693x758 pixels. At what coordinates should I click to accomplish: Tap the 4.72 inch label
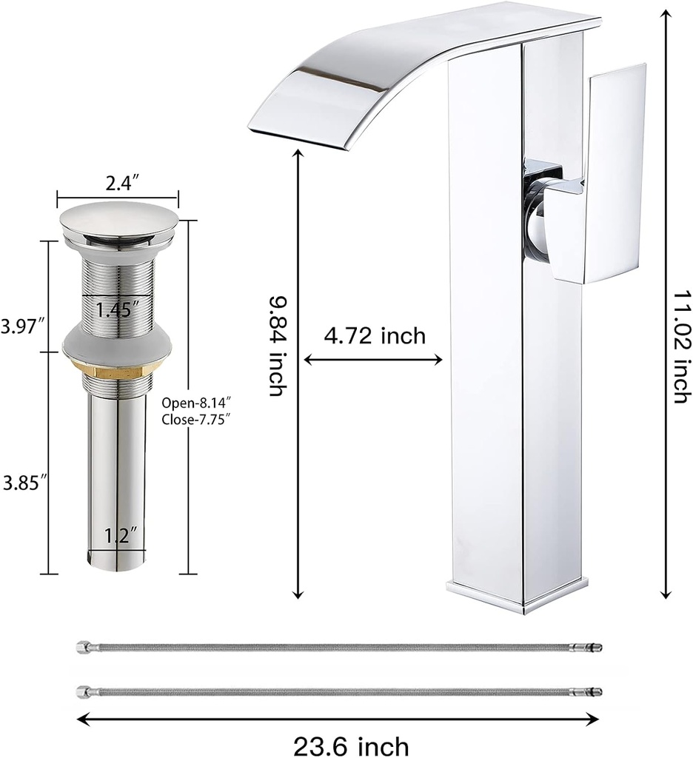(375, 336)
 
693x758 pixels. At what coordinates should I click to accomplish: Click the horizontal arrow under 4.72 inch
(374, 360)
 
